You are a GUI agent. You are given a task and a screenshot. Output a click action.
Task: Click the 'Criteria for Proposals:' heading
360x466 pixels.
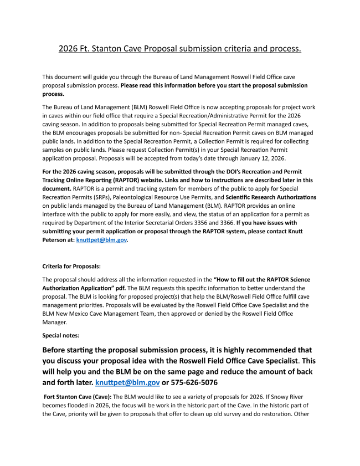[x=71, y=267]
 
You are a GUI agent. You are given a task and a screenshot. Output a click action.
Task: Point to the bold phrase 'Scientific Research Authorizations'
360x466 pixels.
[x=271, y=197]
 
